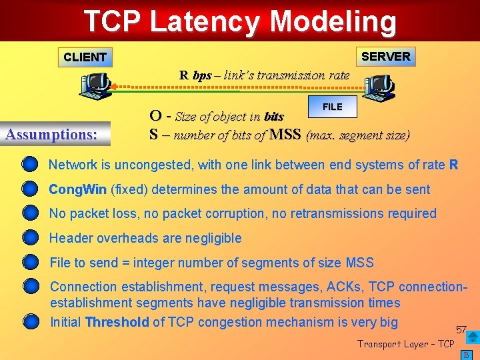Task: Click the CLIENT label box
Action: [85, 57]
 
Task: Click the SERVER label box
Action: [385, 56]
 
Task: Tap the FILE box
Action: [332, 107]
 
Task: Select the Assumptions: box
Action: [51, 134]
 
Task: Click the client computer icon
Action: [95, 85]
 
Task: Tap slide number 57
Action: [461, 330]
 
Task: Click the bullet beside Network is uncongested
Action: [30, 165]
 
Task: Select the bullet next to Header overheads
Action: [30, 238]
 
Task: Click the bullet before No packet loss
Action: [30, 213]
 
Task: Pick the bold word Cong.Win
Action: [77, 189]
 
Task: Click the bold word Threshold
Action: [117, 323]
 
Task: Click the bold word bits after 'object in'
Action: [273, 117]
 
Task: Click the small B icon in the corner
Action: [467, 355]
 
